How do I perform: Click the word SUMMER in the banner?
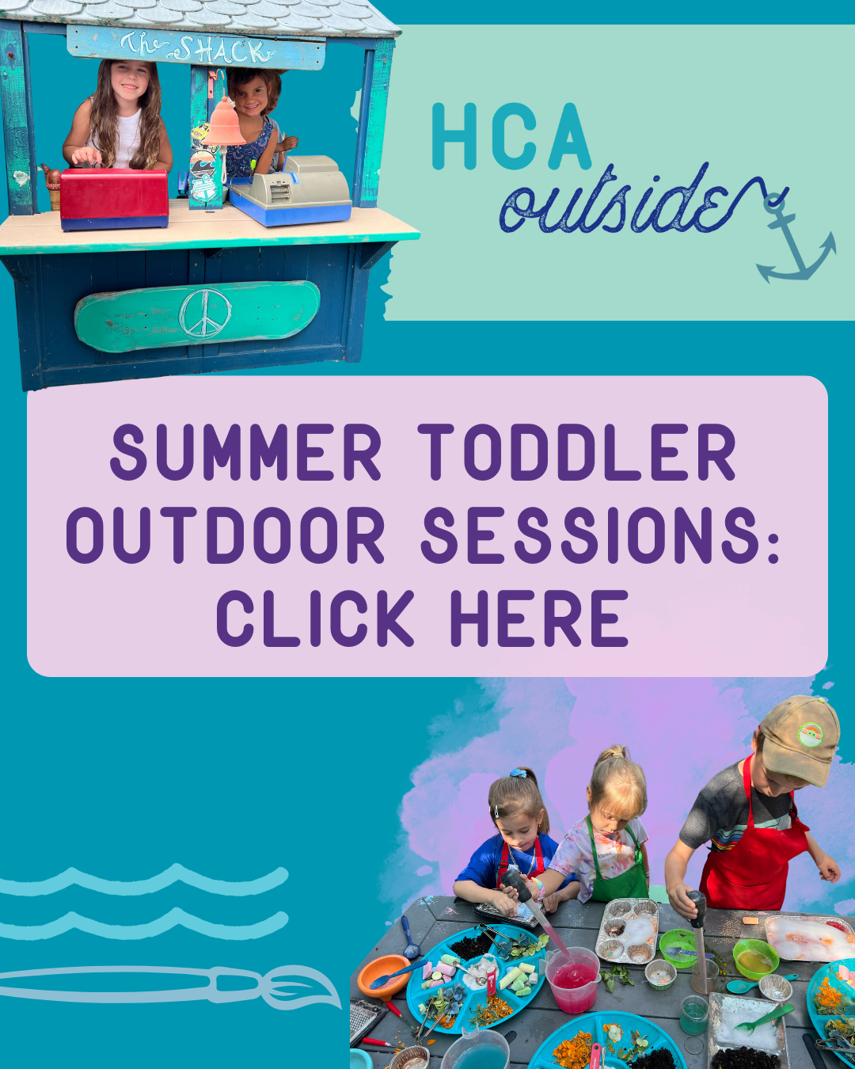click(x=246, y=452)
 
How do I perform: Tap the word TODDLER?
click(x=577, y=452)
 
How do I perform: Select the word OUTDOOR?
click(x=226, y=535)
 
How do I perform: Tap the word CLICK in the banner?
click(x=315, y=618)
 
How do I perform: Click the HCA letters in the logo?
click(x=511, y=136)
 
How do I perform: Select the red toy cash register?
click(x=114, y=200)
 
